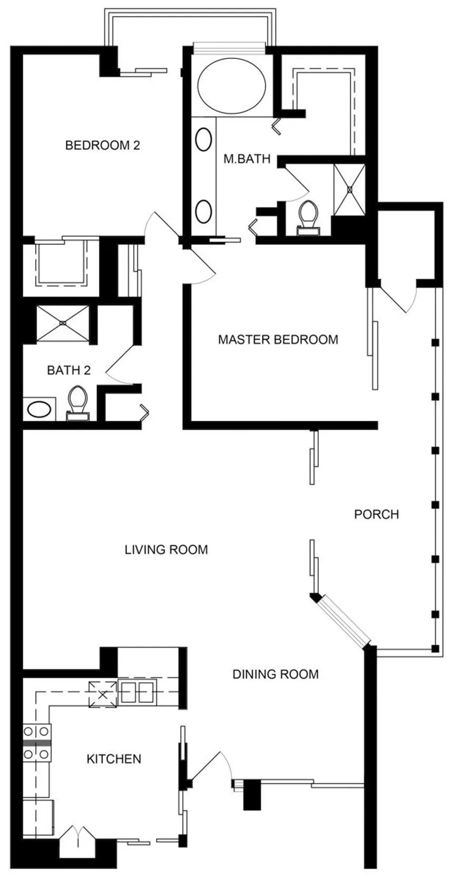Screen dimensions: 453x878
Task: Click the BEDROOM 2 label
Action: [102, 145]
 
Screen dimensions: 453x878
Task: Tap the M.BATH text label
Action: [247, 159]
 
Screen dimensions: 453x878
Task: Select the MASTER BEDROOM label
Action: [278, 339]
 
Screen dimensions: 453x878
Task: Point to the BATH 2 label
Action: [69, 370]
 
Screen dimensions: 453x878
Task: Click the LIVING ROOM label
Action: [166, 549]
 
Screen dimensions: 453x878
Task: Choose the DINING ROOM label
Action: [275, 674]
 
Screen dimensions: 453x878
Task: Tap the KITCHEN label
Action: [114, 759]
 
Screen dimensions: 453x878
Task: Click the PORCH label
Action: [376, 514]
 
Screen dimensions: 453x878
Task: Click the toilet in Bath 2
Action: [77, 403]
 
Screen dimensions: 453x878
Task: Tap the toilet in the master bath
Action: [308, 218]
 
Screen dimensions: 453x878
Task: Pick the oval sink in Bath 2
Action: [39, 410]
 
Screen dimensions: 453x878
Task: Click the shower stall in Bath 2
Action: [63, 323]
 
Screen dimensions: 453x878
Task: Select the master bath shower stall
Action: [350, 190]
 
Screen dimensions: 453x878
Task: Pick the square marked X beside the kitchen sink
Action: [102, 695]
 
